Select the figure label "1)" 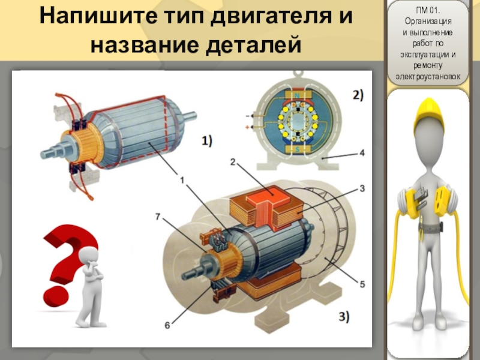pyautogui.click(x=206, y=142)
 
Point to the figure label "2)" pyautogui.click(x=357, y=95)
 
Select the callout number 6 pyautogui.click(x=167, y=325)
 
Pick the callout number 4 pyautogui.click(x=362, y=153)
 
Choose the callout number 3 pyautogui.click(x=362, y=188)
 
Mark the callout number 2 pyautogui.click(x=233, y=160)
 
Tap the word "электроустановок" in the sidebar pyautogui.click(x=427, y=77)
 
